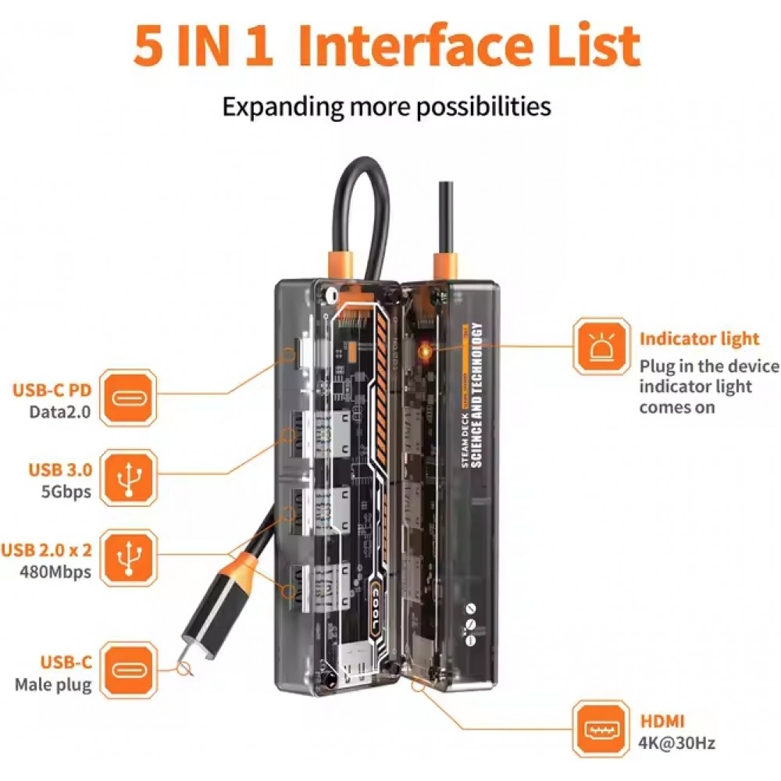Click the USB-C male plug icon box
[x=130, y=671]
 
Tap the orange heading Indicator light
[x=699, y=339]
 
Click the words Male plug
[x=53, y=685]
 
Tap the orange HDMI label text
[x=662, y=722]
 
